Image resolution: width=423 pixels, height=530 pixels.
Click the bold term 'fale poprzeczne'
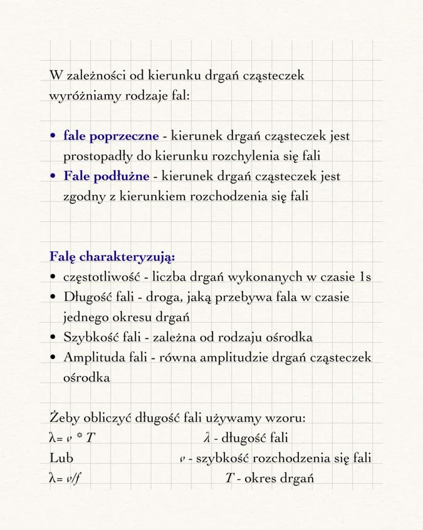point(111,136)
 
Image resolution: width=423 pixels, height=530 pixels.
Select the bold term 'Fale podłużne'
point(106,176)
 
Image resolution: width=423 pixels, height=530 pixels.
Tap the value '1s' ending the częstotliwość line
point(365,277)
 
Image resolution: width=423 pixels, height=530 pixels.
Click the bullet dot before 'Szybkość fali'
point(53,338)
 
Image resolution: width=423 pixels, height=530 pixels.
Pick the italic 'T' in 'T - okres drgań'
point(229,478)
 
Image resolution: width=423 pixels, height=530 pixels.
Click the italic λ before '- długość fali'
point(206,438)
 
